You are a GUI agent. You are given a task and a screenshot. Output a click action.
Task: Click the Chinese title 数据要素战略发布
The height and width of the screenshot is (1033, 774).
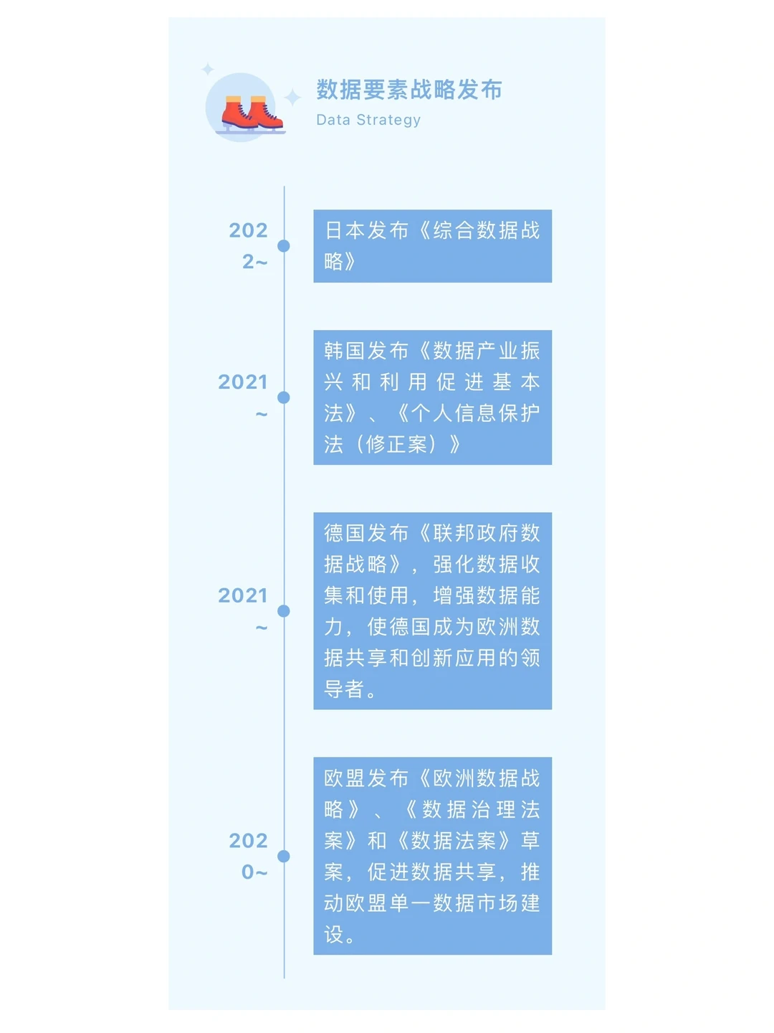pos(409,90)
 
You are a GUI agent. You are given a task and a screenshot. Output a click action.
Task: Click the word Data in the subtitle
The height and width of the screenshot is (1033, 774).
pos(333,120)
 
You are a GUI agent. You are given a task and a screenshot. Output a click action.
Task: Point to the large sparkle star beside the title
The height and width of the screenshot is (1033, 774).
pos(292,97)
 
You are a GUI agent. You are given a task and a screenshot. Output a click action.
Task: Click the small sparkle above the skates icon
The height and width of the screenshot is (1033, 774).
pos(208,69)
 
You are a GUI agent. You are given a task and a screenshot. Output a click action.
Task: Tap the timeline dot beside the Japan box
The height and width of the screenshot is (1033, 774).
pos(284,246)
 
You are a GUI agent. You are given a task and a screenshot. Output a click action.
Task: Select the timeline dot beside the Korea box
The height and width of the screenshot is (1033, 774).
pos(284,397)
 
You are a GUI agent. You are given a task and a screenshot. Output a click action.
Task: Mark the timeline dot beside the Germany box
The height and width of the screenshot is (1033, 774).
pos(284,611)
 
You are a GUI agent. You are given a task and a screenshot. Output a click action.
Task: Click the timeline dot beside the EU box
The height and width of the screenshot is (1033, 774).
pos(284,856)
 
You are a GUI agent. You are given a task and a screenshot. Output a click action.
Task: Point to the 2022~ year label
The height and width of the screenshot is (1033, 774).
pos(249,245)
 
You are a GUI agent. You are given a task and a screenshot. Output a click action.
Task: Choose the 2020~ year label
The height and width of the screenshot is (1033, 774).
pos(249,856)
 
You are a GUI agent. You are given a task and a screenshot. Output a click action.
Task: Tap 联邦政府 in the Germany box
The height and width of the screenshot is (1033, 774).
pos(476,533)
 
